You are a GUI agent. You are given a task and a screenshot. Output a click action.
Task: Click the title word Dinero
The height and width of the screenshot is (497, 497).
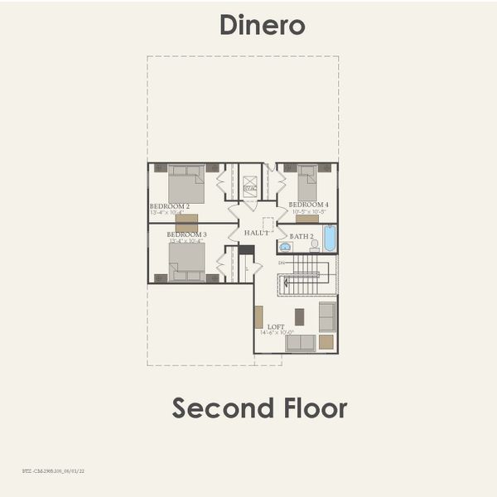[x=263, y=25]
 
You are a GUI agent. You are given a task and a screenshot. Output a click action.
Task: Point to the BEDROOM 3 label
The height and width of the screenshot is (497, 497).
[x=186, y=234]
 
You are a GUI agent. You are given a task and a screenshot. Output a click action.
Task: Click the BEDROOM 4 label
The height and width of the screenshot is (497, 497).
[x=309, y=205]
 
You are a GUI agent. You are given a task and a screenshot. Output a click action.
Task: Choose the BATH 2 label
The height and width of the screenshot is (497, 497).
[x=302, y=236]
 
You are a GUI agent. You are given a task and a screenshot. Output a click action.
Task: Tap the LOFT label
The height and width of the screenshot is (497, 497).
[x=276, y=326]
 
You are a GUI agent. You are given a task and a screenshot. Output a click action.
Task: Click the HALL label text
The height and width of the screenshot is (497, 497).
[x=256, y=234]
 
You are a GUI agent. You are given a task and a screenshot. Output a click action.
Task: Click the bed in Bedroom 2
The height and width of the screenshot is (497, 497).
[x=186, y=183]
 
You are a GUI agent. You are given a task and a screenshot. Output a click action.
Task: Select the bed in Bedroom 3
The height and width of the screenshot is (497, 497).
[x=186, y=262]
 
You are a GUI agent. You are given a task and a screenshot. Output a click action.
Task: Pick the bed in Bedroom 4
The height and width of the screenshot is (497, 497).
[x=307, y=182]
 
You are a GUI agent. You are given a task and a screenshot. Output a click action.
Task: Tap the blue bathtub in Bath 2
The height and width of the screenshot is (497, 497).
[x=330, y=239]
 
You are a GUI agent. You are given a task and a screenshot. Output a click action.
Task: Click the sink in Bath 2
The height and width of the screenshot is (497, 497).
[x=286, y=246]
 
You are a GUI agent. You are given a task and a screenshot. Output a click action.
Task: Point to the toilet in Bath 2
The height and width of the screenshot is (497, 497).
[x=314, y=245]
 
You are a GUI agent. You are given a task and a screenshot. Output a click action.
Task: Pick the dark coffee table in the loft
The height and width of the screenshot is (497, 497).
[x=299, y=316]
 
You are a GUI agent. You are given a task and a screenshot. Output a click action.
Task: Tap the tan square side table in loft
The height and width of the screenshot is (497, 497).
[x=326, y=341]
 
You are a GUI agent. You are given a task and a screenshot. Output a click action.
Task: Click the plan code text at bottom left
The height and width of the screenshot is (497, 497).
[x=55, y=470]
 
